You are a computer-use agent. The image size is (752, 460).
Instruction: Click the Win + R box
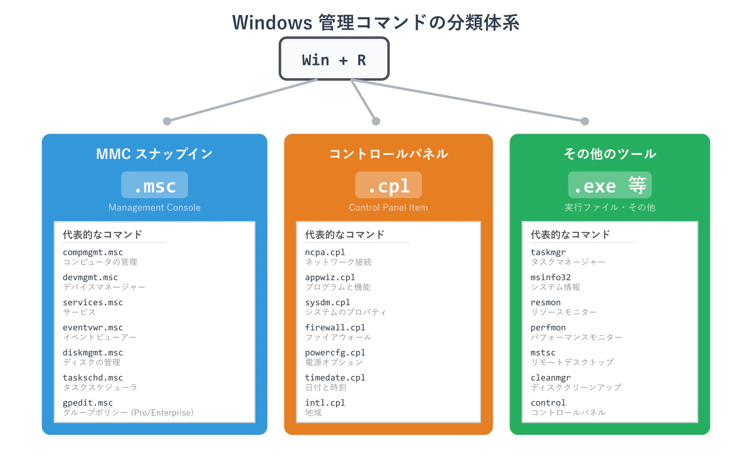click(x=334, y=59)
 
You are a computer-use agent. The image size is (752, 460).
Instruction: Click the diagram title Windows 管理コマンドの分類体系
click(x=376, y=23)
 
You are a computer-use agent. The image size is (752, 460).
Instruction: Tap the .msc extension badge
click(x=155, y=185)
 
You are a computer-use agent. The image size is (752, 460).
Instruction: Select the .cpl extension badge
click(x=388, y=185)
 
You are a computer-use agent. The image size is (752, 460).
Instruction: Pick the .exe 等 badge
click(x=610, y=185)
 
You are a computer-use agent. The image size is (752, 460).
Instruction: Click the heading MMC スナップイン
click(x=154, y=154)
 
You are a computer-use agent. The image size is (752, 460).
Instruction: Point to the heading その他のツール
click(x=610, y=154)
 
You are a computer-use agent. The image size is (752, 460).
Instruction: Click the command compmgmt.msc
click(x=93, y=253)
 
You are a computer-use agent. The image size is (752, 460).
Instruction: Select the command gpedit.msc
click(x=88, y=403)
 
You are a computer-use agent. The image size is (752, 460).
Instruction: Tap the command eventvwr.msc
click(x=93, y=328)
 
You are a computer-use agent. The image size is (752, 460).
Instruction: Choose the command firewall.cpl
click(x=335, y=328)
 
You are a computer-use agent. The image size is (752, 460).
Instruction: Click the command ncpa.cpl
click(x=325, y=253)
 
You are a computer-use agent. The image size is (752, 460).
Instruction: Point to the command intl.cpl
click(x=325, y=403)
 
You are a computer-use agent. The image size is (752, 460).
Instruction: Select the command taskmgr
click(x=548, y=253)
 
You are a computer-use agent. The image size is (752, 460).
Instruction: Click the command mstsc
click(x=543, y=353)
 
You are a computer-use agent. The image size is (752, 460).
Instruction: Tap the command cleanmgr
click(x=550, y=378)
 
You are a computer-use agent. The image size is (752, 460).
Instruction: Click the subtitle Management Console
click(x=154, y=207)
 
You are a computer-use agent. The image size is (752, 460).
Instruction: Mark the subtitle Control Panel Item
click(x=388, y=207)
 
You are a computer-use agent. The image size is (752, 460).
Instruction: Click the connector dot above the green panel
click(x=585, y=121)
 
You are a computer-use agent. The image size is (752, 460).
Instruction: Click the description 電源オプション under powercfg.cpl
click(x=334, y=363)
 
